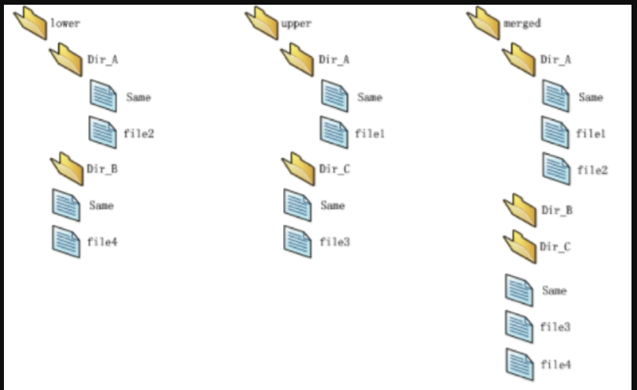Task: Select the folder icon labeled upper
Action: click(x=261, y=22)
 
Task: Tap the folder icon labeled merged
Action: click(x=483, y=22)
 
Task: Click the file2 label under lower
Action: click(x=138, y=133)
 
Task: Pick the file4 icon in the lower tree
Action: click(x=66, y=240)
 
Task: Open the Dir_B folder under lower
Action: click(x=66, y=168)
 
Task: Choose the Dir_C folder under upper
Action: click(x=297, y=168)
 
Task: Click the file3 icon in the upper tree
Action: click(x=297, y=240)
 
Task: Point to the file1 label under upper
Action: click(x=370, y=133)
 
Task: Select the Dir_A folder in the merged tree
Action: click(x=518, y=58)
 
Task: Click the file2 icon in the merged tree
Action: click(x=556, y=168)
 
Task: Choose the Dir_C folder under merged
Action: click(x=518, y=246)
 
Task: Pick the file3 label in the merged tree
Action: click(x=555, y=327)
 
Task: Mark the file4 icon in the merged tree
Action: click(x=519, y=363)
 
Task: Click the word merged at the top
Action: click(x=522, y=23)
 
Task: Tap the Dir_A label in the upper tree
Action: click(x=334, y=59)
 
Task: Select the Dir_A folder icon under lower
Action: click(x=66, y=58)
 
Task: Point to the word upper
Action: click(x=296, y=23)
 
